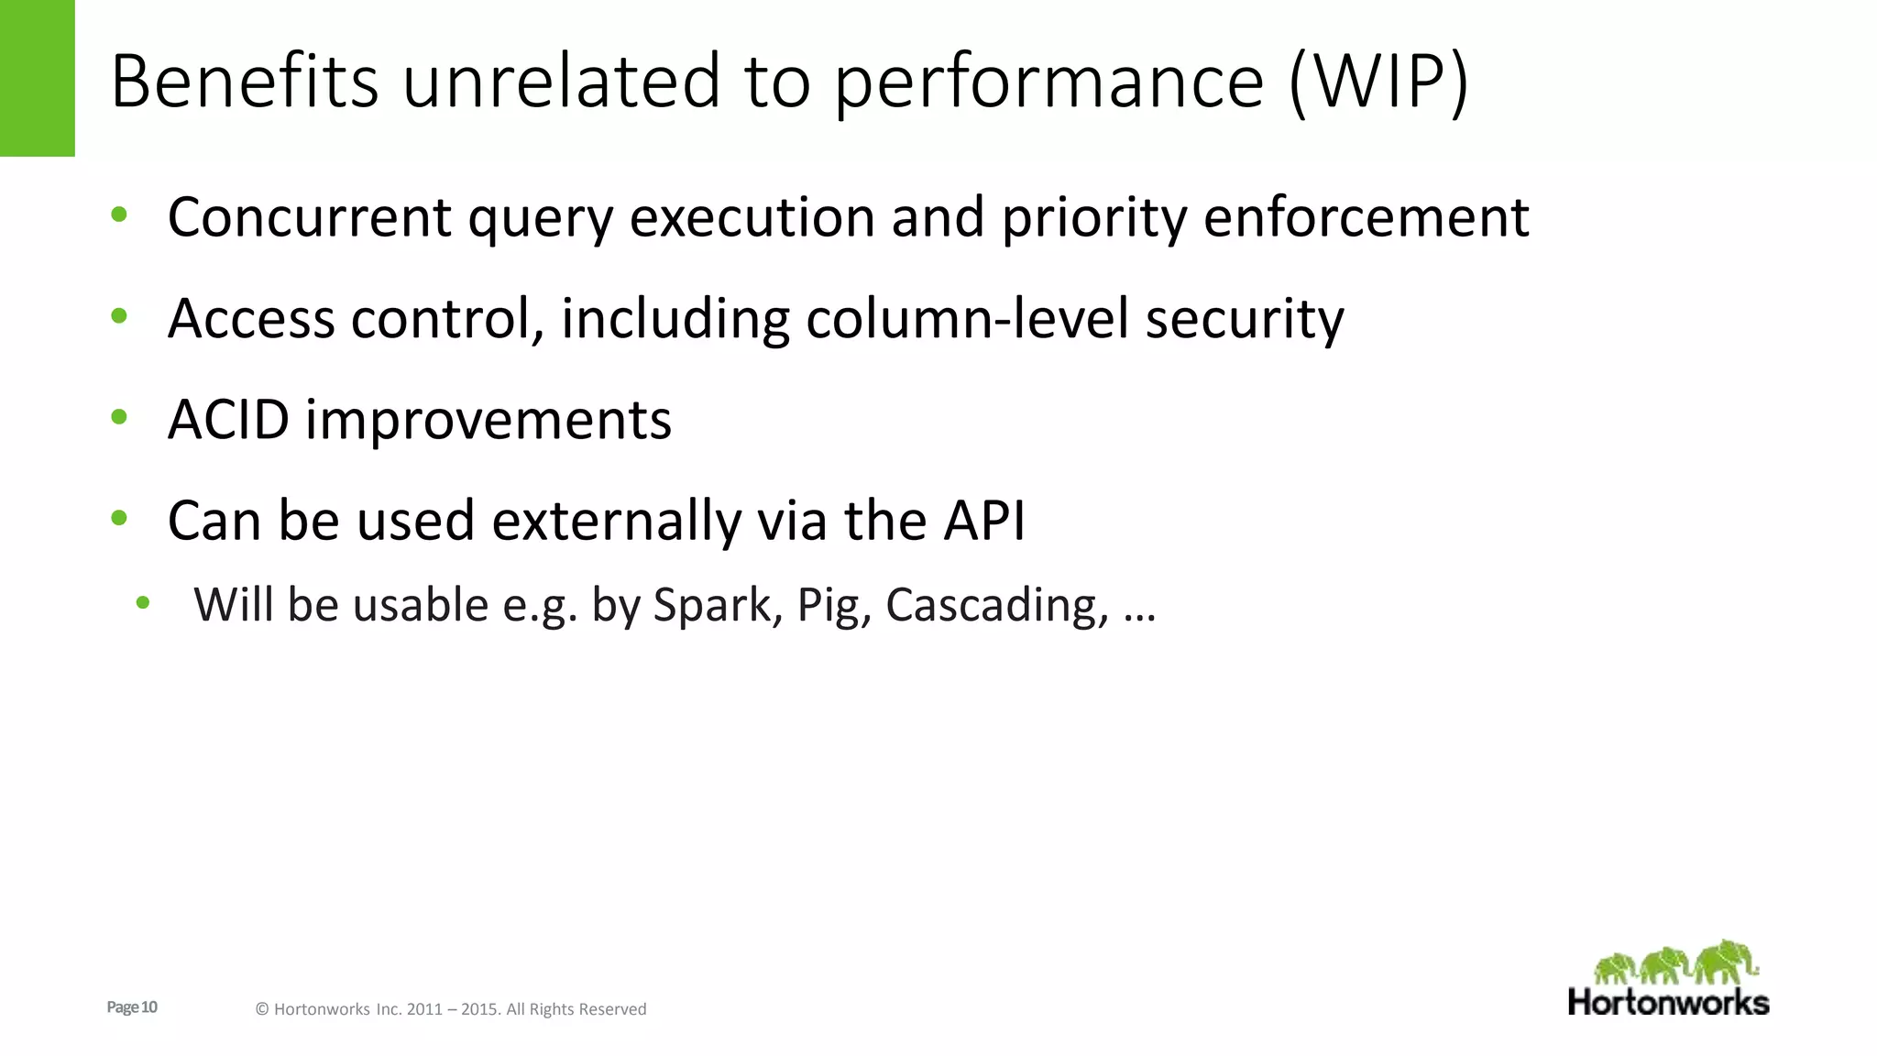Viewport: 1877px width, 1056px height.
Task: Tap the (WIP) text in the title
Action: [x=1378, y=82]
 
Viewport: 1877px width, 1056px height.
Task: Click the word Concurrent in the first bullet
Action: [x=310, y=217]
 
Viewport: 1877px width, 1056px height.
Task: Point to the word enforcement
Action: [x=1366, y=217]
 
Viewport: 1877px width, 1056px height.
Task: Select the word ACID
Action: [x=228, y=420]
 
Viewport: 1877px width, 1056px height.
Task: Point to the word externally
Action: [x=616, y=522]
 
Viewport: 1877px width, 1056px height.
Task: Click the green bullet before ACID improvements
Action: [x=119, y=418]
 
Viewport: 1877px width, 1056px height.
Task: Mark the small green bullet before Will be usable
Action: [x=142, y=603]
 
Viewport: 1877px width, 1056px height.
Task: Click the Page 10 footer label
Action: [x=132, y=1007]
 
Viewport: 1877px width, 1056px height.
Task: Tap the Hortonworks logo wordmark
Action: [x=1668, y=1002]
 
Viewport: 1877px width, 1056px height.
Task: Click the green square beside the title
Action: [x=37, y=78]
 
